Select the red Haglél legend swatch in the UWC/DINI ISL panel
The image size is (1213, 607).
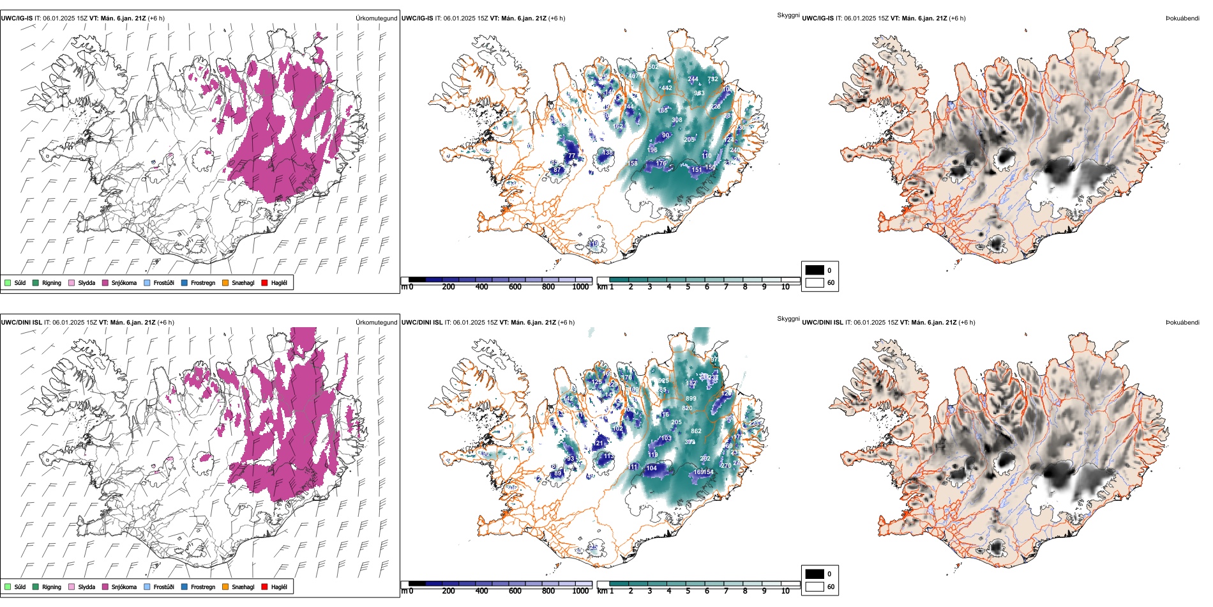click(264, 587)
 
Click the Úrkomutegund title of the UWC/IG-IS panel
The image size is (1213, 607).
click(376, 19)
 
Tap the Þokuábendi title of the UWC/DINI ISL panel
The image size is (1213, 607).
click(1182, 323)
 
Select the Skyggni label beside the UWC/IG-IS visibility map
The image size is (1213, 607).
click(788, 15)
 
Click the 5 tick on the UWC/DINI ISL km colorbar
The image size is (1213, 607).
click(688, 591)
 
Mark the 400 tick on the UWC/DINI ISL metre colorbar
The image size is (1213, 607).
click(481, 591)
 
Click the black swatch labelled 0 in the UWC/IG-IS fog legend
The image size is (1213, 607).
click(815, 270)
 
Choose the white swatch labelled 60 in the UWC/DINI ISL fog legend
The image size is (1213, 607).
click(815, 587)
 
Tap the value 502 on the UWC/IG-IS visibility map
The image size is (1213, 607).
click(653, 67)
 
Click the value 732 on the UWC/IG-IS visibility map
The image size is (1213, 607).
click(712, 80)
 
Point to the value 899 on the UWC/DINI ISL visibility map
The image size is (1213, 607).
click(691, 399)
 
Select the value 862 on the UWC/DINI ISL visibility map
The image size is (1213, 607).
click(696, 431)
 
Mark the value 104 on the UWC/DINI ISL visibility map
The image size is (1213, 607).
click(651, 468)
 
